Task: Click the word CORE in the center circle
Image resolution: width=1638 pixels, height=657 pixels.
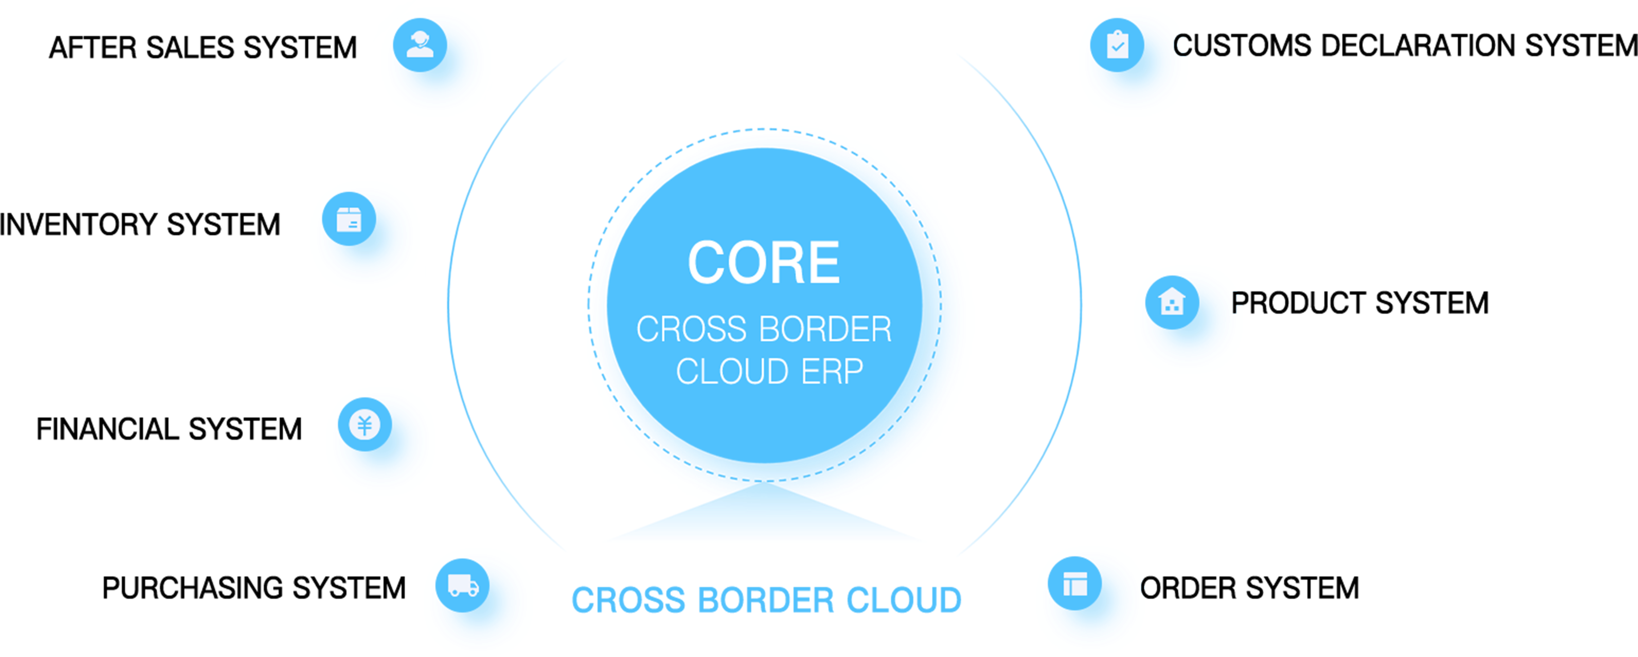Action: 764,262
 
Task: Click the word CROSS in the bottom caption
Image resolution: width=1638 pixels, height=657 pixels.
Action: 628,600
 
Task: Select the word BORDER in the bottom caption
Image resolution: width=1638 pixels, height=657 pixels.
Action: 765,600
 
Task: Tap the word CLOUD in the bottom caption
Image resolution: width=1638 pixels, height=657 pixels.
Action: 904,600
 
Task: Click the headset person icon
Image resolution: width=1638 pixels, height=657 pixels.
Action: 420,45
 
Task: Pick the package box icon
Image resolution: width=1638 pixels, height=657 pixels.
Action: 349,219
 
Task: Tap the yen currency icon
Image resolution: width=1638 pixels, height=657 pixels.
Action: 364,425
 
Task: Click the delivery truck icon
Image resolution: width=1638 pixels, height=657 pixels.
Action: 463,585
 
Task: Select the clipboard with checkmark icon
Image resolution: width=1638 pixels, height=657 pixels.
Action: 1117,45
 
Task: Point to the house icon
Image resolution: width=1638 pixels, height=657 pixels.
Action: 1172,301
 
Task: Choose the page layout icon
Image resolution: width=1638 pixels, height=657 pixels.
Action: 1075,583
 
